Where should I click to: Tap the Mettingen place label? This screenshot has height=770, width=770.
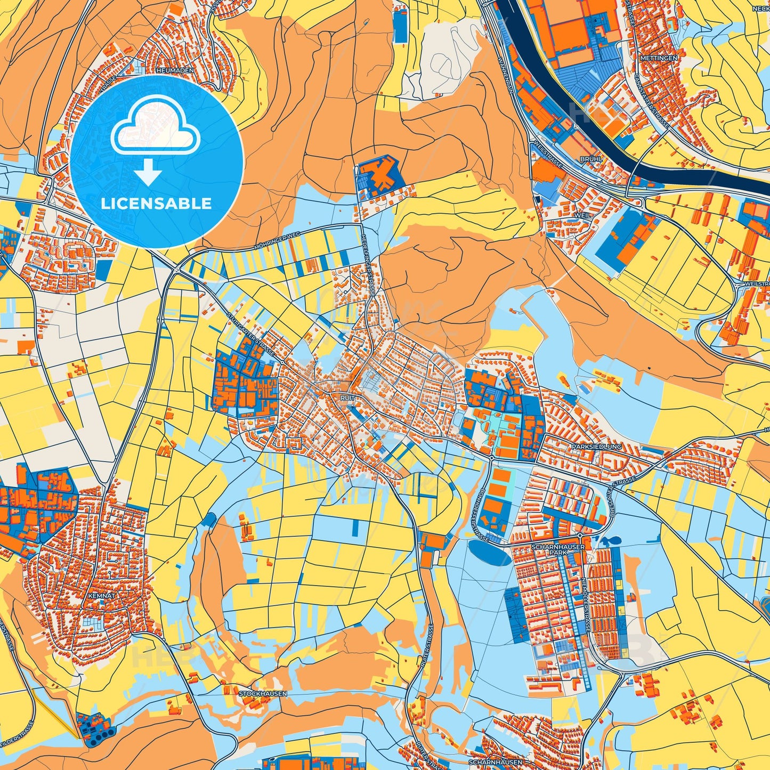[659, 57]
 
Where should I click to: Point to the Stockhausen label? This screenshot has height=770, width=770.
[263, 694]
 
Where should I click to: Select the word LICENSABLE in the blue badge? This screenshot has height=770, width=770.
[157, 204]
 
